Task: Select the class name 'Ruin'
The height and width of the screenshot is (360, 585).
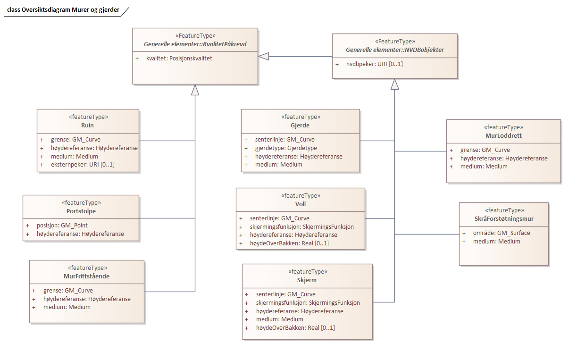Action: tap(88, 126)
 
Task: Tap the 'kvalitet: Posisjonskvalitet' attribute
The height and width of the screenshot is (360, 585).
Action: tap(179, 59)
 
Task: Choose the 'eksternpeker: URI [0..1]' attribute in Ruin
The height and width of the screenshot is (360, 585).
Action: tap(83, 165)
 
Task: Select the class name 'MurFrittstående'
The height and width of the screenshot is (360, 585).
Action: tap(86, 276)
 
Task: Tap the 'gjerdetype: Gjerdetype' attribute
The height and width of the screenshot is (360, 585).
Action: tap(286, 148)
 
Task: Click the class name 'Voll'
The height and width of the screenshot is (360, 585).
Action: tap(300, 204)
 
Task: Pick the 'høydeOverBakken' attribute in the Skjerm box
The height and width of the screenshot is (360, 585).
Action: tap(295, 327)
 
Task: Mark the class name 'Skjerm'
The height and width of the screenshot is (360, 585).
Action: tap(307, 280)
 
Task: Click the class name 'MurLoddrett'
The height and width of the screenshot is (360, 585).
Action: tap(503, 135)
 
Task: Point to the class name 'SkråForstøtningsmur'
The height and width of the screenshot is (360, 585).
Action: tap(504, 218)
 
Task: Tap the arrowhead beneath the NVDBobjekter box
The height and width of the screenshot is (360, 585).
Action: tap(395, 84)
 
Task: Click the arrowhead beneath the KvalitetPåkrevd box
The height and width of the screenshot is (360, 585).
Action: tap(195, 90)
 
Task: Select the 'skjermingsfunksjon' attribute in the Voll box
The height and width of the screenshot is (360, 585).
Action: tap(302, 226)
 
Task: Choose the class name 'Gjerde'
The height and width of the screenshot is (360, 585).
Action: tap(300, 126)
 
